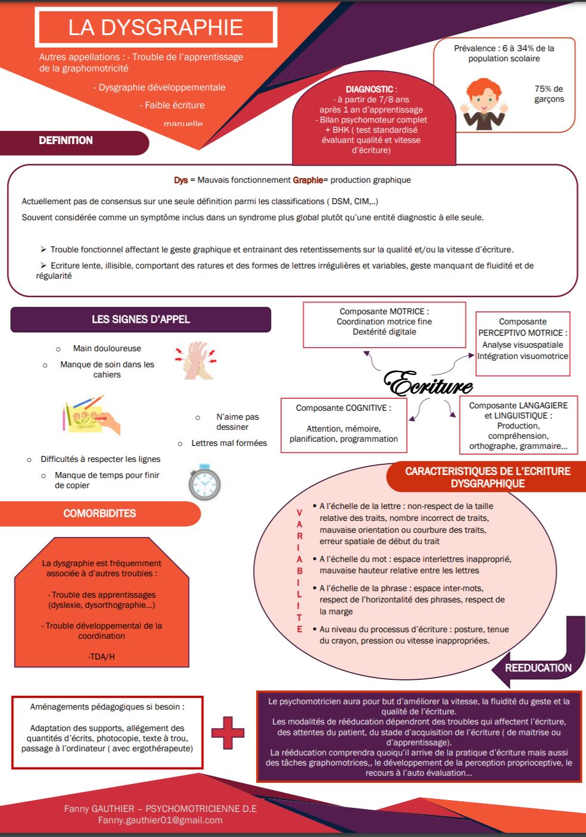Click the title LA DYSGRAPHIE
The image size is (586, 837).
(x=155, y=27)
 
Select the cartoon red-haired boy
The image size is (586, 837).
(x=484, y=104)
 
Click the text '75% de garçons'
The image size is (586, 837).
(x=548, y=94)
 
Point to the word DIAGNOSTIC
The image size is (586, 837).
(x=369, y=89)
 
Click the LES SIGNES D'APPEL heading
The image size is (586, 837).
(x=141, y=320)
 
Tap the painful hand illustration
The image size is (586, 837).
(x=196, y=361)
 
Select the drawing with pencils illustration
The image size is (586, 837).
(x=92, y=415)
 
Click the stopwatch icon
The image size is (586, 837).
(x=204, y=482)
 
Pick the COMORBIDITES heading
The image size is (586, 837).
(x=99, y=513)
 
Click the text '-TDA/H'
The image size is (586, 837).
(x=101, y=657)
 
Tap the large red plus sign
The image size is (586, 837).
(x=227, y=733)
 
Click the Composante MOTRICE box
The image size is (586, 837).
(x=384, y=324)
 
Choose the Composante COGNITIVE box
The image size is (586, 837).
(x=344, y=425)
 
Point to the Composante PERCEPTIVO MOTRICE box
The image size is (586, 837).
(x=522, y=343)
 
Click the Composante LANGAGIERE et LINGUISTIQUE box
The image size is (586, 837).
(x=518, y=425)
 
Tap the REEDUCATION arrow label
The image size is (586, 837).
(x=538, y=668)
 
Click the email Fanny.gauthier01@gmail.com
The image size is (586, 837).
(x=160, y=820)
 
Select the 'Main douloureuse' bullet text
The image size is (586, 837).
(x=107, y=348)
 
